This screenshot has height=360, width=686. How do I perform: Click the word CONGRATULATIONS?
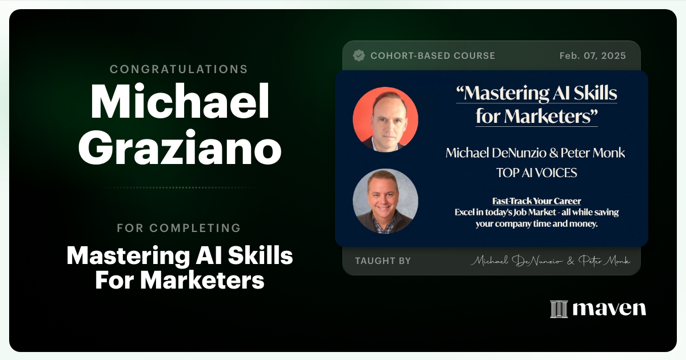point(179,69)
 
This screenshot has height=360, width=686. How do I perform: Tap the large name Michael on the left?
point(180,102)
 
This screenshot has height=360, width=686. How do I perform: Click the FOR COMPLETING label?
point(179,228)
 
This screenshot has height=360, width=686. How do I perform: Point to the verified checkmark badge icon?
point(359,55)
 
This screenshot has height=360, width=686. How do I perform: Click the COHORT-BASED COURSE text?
point(433,56)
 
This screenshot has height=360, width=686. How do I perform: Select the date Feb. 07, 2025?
point(593,56)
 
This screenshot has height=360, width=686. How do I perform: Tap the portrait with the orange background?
point(385,119)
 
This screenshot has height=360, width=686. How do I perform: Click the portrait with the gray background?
point(385,201)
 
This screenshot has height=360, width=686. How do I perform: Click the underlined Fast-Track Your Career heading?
point(536,201)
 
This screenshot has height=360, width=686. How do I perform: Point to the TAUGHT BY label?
point(383,261)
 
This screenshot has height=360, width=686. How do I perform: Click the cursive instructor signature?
point(550,261)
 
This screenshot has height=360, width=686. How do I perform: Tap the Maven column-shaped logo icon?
point(559,309)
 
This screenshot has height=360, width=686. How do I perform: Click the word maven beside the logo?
point(609,309)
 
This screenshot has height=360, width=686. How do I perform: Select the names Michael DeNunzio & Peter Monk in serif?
point(535,153)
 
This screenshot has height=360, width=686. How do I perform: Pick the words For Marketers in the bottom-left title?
point(180,280)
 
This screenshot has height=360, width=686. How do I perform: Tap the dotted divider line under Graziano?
point(180,187)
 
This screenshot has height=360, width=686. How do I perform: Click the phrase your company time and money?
point(536,224)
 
